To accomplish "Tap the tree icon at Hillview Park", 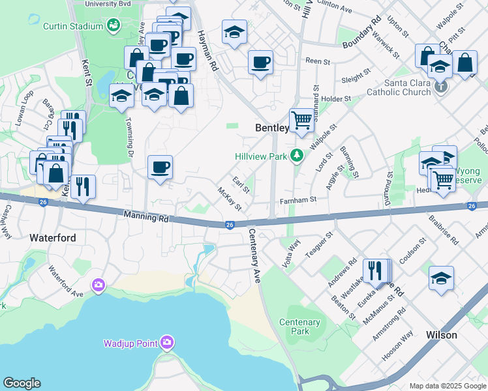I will tap(297, 155).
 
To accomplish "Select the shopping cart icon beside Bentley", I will tap(301, 120).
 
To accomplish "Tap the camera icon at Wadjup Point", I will tap(168, 342).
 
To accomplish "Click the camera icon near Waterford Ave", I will tap(99, 285).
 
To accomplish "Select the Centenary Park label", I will tap(299, 326).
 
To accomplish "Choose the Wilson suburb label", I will tap(441, 335).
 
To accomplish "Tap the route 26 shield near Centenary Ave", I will tap(230, 225).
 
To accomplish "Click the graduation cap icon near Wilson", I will tap(441, 278).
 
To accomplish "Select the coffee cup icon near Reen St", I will tap(261, 63).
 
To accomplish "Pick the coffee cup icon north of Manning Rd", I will tap(160, 167).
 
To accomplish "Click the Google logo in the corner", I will tap(22, 383).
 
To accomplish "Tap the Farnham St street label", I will tap(298, 200).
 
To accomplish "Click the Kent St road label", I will tap(86, 72).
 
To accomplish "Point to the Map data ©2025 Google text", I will tap(447, 386).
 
